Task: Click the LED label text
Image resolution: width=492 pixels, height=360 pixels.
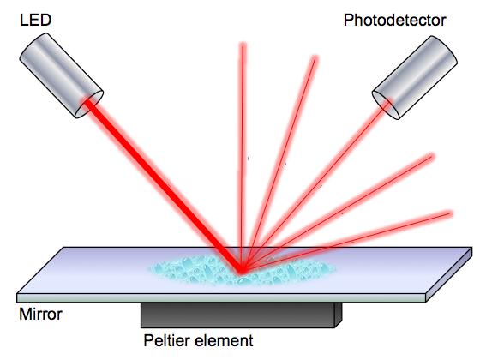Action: click(x=35, y=20)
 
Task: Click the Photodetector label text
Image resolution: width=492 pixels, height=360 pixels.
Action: click(x=394, y=20)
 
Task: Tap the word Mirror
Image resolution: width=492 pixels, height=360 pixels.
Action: click(x=40, y=314)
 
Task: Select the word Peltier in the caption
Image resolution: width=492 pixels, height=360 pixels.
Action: click(x=165, y=340)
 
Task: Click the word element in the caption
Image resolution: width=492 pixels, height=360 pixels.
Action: click(x=221, y=340)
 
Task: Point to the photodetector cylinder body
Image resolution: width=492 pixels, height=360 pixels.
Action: click(x=415, y=77)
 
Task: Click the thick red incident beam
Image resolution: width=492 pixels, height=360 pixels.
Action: click(x=163, y=186)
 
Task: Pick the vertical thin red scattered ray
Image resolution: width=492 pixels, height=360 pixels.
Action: click(x=242, y=157)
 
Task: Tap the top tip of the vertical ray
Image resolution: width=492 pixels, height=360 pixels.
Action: click(x=243, y=45)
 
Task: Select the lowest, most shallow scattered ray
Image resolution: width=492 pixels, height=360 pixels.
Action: click(x=345, y=242)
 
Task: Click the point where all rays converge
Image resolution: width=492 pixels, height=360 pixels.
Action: click(x=241, y=271)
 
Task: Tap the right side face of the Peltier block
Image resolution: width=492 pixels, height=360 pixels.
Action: click(x=339, y=315)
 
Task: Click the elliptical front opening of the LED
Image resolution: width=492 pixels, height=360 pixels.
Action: click(x=89, y=105)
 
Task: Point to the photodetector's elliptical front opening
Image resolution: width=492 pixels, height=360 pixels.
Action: click(x=386, y=105)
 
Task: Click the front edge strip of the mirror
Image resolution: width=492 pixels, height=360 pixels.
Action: click(x=221, y=297)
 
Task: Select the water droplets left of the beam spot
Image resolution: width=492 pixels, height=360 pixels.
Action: click(x=191, y=269)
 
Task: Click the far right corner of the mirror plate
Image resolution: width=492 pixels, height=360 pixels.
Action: click(x=472, y=248)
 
